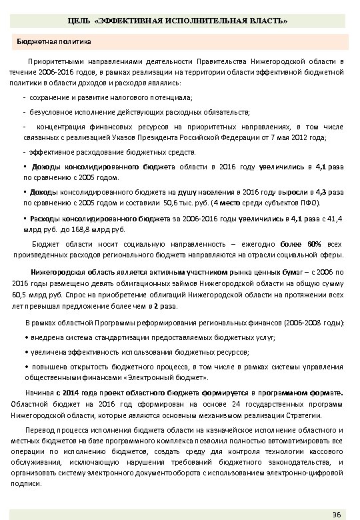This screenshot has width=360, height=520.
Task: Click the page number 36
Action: (336, 512)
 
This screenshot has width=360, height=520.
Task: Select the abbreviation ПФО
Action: (307, 202)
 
